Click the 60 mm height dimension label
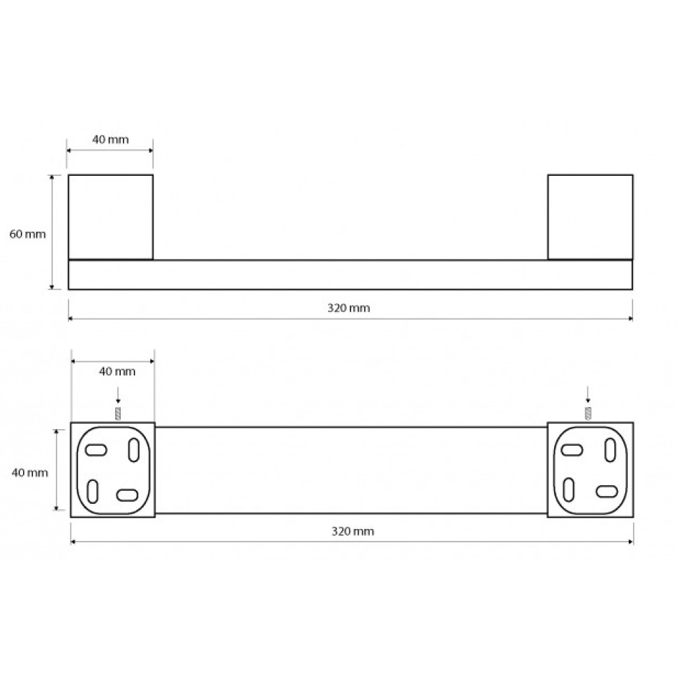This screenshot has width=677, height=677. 28,234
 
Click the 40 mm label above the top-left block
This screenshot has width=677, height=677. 110,140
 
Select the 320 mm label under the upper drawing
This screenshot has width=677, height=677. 348,308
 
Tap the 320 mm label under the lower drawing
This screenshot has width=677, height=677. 352,531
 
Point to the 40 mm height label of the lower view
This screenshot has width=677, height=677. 30,473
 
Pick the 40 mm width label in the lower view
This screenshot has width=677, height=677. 117,371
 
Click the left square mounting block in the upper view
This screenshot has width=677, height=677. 110,217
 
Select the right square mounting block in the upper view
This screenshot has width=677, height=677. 590,217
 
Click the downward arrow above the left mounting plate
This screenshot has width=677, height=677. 118,396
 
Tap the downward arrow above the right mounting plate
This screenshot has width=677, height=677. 587,394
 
